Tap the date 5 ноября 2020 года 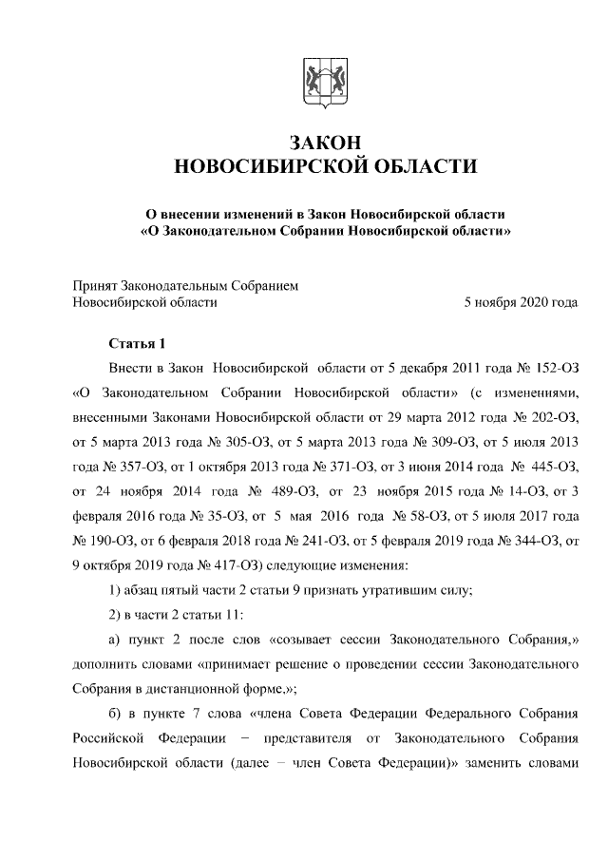pyautogui.click(x=521, y=302)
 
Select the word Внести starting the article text pyautogui.click(x=132, y=367)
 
